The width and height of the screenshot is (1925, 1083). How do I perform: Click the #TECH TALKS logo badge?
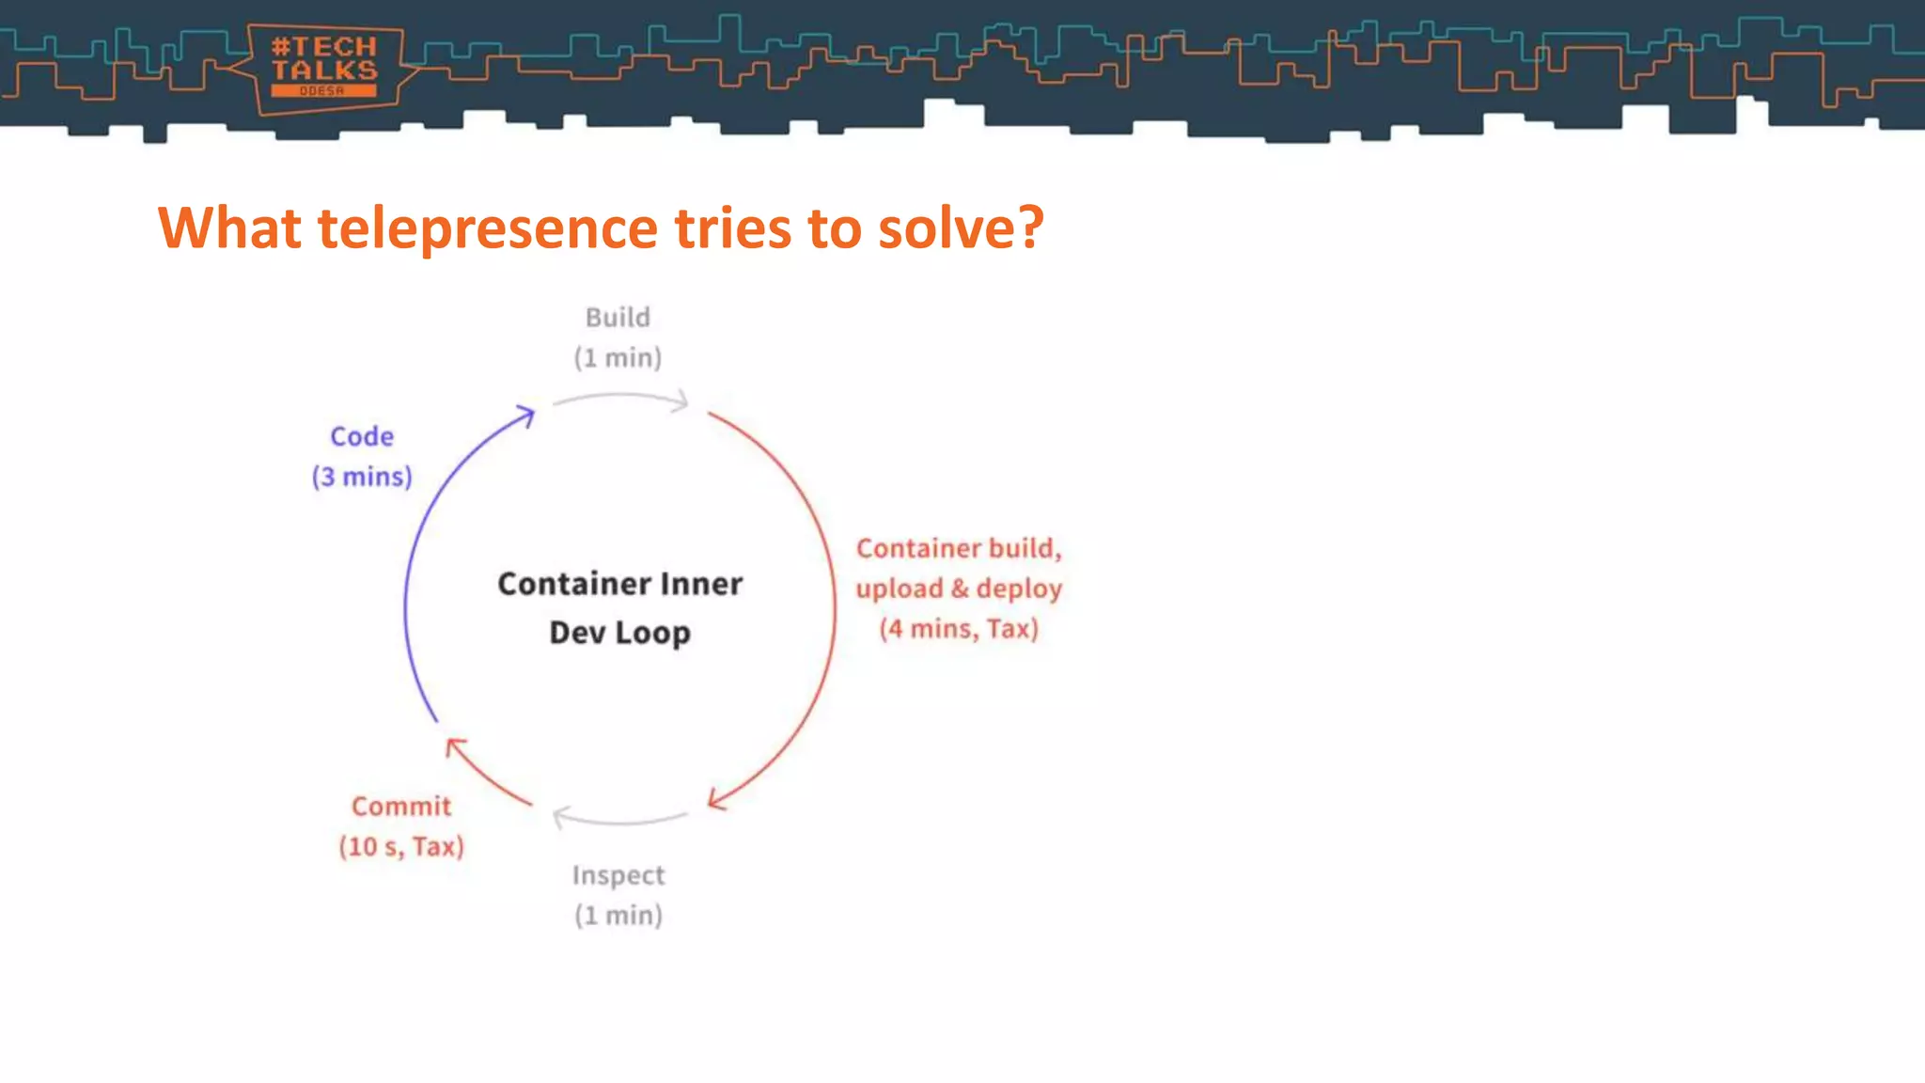(324, 68)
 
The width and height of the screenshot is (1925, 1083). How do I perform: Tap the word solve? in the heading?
(960, 228)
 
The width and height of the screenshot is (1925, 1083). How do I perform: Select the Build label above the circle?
(618, 318)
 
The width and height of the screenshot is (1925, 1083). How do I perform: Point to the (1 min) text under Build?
(618, 358)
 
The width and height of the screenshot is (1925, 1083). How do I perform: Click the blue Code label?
(362, 437)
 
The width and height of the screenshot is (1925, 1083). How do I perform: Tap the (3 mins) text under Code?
(362, 478)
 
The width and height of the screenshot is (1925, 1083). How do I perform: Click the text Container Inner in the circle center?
(619, 584)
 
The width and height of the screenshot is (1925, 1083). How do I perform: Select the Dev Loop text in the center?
(619, 633)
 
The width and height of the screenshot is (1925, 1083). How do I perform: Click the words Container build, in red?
(959, 548)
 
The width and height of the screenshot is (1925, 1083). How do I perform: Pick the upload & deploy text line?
(959, 589)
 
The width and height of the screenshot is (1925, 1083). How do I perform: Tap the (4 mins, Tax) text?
(959, 629)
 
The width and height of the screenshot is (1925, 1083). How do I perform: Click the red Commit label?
(401, 807)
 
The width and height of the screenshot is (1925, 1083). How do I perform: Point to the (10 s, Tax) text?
(401, 847)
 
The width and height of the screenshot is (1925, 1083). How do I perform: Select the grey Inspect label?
(618, 875)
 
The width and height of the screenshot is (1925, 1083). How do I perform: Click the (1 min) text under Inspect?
(618, 916)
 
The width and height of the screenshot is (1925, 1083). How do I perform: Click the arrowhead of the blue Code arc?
(527, 415)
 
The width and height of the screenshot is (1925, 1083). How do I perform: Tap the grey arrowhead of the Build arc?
(681, 403)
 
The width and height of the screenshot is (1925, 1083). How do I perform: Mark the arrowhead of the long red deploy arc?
(716, 799)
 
